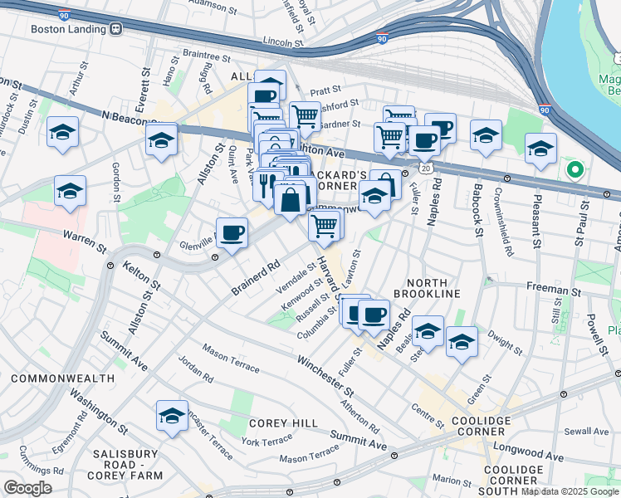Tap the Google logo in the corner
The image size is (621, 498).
27,487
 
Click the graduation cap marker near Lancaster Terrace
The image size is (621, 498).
172,416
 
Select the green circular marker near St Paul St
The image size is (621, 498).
574,171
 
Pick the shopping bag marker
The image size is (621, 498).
289,200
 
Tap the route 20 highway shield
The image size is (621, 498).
425,168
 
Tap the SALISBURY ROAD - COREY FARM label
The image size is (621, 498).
125,461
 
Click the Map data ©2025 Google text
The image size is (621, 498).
570,491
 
